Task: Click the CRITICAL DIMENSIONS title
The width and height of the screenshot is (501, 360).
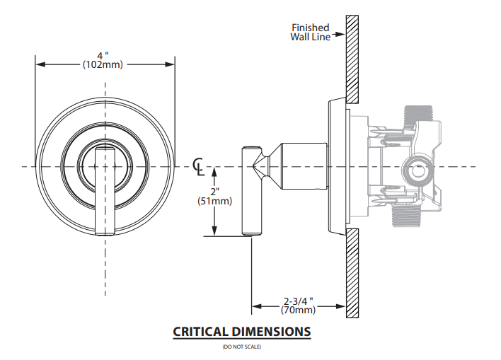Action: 241,331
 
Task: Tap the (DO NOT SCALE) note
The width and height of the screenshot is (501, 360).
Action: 241,347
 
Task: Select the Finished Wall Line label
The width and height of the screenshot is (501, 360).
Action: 311,33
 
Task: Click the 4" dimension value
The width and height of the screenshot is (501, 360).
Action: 106,54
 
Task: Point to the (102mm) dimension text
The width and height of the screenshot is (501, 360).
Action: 106,64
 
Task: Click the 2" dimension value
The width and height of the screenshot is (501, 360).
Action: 215,192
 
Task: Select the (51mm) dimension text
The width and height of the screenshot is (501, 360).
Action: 215,202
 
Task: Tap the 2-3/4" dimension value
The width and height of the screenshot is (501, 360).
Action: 298,299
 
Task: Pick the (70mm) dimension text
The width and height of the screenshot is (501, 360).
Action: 298,309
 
